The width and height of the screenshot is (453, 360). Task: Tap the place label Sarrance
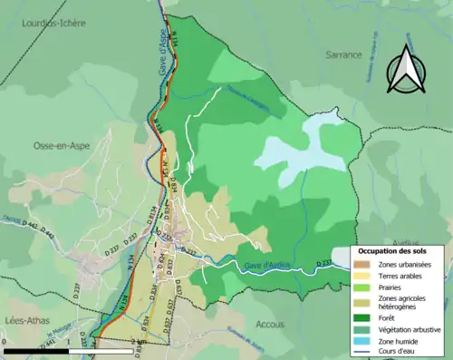(x=343, y=54)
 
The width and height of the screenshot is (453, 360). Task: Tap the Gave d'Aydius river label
(x=270, y=264)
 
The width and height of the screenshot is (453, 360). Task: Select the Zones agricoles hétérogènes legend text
(x=408, y=302)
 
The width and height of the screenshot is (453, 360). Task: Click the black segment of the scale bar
(x=36, y=349)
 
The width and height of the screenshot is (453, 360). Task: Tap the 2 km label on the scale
(x=138, y=341)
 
